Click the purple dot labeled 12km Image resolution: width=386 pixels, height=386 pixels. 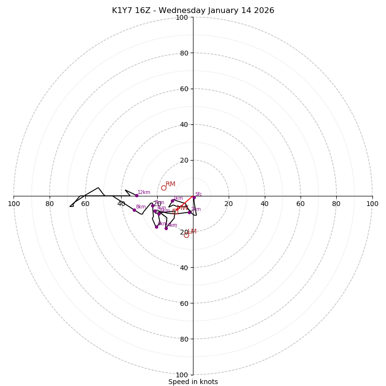point(137,195)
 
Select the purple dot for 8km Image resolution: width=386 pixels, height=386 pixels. point(134,210)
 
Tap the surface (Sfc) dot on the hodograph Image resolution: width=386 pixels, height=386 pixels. point(194,197)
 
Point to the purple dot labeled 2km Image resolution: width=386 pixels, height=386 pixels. point(189,212)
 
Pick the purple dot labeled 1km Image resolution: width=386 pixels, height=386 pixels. point(172,201)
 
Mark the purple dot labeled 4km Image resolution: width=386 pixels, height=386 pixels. point(166,228)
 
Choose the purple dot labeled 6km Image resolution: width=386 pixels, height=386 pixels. point(156,227)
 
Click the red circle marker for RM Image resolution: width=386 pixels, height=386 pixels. point(164,188)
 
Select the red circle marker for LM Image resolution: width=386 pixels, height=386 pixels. point(186,235)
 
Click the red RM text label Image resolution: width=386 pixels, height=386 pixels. point(170,184)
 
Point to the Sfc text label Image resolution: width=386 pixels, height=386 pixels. point(198,194)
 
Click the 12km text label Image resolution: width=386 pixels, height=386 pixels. point(144,192)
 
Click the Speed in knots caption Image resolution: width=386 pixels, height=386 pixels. point(193,382)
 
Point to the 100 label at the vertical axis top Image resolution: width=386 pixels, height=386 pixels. point(182,17)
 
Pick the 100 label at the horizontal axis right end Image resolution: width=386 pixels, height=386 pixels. point(372,204)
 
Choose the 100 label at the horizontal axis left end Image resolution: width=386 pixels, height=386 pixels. point(14,204)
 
